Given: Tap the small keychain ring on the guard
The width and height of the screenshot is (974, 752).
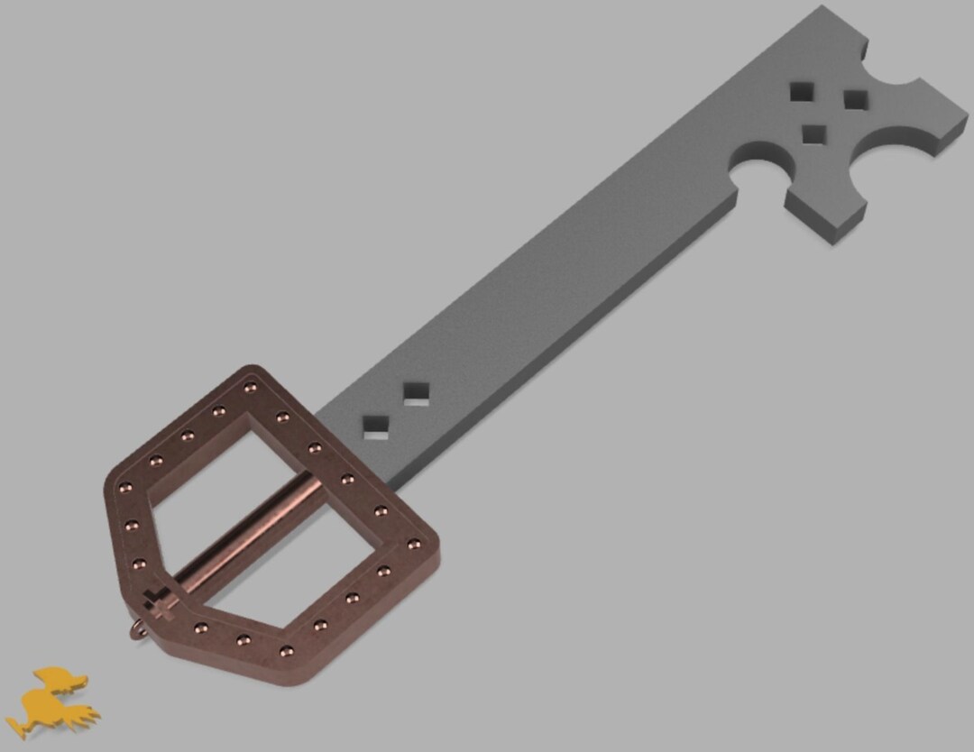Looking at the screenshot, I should [137, 628].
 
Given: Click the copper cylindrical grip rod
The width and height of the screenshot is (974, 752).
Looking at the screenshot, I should [248, 531].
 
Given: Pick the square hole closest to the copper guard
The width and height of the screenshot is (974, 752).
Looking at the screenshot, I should [375, 426].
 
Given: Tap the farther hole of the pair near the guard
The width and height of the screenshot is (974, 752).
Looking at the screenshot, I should [416, 393].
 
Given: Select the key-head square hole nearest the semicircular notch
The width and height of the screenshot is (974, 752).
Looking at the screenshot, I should [814, 134].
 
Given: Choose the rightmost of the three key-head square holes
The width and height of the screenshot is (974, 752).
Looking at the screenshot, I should [854, 99].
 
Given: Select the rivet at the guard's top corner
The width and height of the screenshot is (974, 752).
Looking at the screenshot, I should [250, 388].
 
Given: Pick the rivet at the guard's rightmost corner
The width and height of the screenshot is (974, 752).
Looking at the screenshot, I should [413, 544].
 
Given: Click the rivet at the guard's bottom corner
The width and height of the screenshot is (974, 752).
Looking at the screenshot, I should [286, 649].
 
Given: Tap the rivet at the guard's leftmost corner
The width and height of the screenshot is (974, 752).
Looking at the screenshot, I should [125, 488].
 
